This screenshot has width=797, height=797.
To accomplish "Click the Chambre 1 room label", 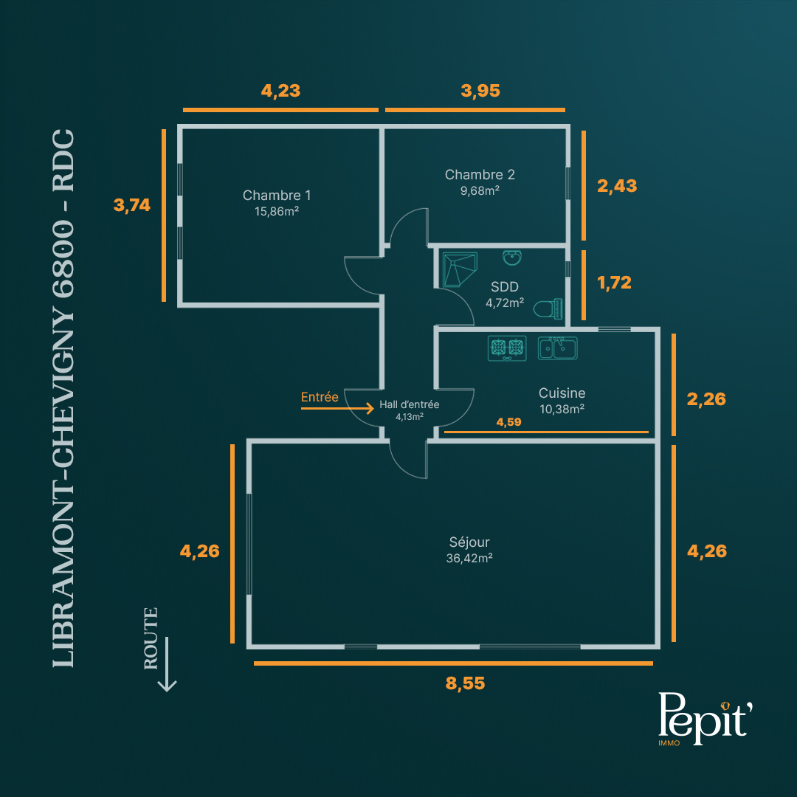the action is [x=277, y=195].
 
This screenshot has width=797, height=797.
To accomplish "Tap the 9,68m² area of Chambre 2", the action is [x=480, y=190].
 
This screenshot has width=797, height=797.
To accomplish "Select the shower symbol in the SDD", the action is [x=460, y=269].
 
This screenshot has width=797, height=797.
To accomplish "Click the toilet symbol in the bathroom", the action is [x=548, y=308].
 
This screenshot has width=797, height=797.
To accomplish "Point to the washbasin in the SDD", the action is [x=512, y=258].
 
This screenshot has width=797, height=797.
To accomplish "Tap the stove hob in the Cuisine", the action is [x=507, y=348].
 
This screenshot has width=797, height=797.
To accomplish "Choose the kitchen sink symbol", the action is [x=558, y=348].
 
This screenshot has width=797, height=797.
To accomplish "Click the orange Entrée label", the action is [x=320, y=397].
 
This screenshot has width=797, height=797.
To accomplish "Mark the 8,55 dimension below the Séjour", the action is [x=465, y=683].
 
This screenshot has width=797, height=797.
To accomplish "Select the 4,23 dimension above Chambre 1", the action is [x=280, y=91].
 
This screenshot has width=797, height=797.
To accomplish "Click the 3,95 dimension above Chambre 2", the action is [x=480, y=91].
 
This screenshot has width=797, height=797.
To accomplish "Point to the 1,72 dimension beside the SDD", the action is [x=615, y=283].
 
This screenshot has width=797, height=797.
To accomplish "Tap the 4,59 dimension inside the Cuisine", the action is [x=508, y=422].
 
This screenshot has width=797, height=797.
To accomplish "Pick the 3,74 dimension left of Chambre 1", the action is [x=132, y=205].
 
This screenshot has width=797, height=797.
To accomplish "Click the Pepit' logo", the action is [x=705, y=719].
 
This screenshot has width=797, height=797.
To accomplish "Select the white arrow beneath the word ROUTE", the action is [x=167, y=664].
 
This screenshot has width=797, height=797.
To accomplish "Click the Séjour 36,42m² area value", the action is [x=469, y=558].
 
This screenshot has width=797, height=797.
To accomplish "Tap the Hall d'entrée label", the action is [x=409, y=404].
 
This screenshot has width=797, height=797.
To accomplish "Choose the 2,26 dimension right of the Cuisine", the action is [x=706, y=399].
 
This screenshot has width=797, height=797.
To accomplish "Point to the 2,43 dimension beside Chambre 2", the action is [x=617, y=186].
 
